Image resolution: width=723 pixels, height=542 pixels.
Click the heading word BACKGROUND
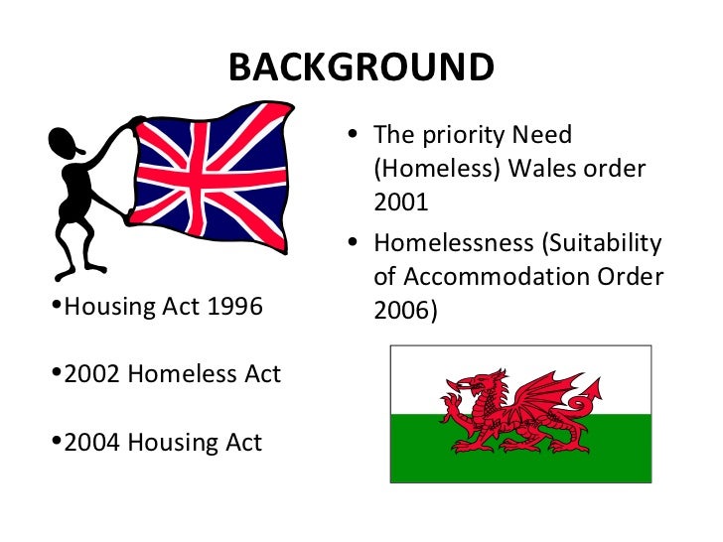click(x=361, y=68)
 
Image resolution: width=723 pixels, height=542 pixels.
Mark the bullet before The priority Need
click(x=356, y=134)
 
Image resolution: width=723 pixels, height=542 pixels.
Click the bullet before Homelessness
click(x=356, y=243)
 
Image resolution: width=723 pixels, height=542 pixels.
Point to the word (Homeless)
click(x=437, y=168)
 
